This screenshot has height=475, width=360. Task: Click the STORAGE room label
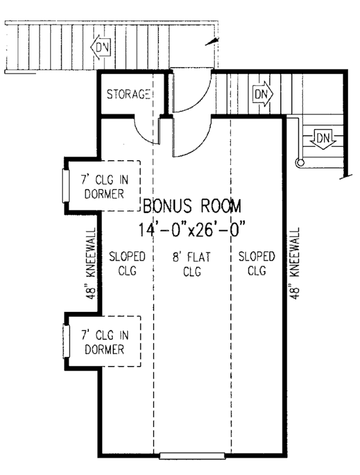point(128,94)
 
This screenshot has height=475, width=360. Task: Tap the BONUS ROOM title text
point(192,206)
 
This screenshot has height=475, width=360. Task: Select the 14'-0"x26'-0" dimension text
point(191,229)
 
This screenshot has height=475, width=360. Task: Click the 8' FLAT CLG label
point(192,264)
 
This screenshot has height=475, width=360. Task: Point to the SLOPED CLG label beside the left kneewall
point(127,263)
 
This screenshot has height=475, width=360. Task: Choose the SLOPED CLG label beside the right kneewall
point(257,263)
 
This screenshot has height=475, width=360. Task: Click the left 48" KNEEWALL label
point(91,263)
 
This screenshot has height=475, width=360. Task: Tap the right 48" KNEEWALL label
point(295,263)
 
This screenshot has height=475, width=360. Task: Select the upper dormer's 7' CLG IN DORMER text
point(104,187)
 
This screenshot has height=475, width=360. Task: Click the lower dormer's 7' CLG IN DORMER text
point(104,342)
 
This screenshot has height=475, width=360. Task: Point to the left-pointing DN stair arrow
point(101,47)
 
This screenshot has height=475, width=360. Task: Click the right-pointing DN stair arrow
point(263,94)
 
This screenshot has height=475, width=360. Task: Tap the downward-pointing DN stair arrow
point(323,139)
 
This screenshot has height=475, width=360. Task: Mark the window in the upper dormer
point(66,186)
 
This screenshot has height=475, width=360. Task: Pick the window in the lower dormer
point(66,341)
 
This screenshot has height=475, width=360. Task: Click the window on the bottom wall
point(192,456)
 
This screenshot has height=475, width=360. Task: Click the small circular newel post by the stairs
point(301,163)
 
